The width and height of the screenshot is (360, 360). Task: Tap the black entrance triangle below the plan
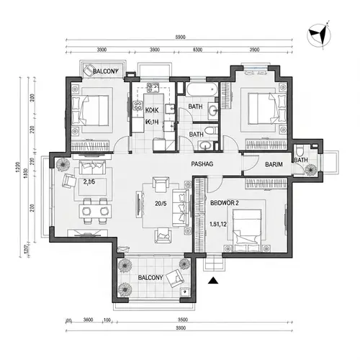click(212, 282)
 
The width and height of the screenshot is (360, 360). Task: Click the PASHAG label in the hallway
click(202, 164)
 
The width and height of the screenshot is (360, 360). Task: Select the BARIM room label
click(274, 165)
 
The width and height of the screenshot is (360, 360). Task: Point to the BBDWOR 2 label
click(225, 204)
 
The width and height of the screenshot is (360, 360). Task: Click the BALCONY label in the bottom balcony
click(149, 276)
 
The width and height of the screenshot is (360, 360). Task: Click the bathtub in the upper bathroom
click(199, 91)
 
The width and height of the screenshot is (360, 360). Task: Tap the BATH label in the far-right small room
click(301, 160)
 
